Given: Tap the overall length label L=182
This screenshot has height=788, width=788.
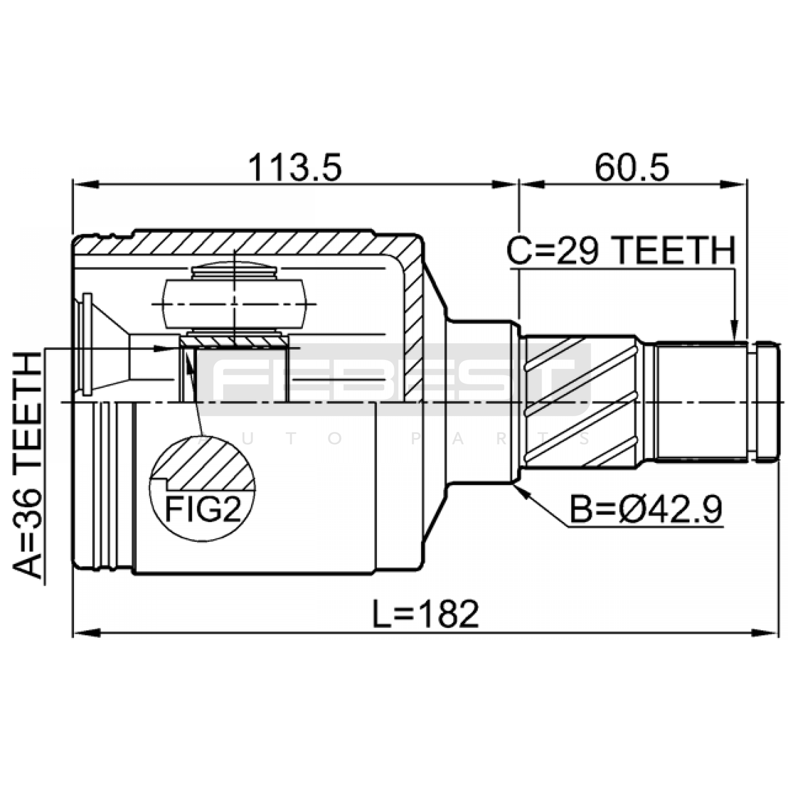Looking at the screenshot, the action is [426, 614].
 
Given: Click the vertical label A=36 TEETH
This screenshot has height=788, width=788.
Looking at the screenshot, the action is [28, 464].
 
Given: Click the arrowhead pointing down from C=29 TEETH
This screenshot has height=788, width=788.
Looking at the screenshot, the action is [734, 330].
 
